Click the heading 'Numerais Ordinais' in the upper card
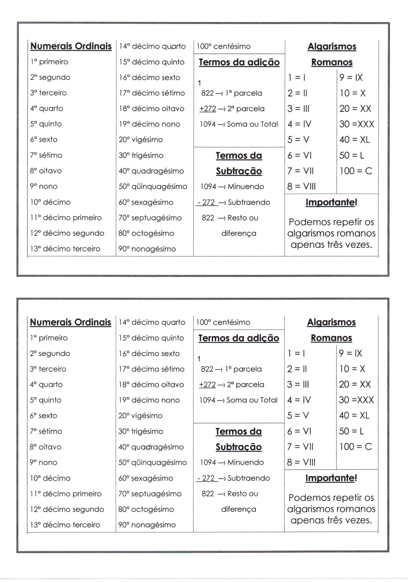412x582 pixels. point(71,46)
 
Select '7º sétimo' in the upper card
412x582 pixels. point(46,155)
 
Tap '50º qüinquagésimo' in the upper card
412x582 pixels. point(153,187)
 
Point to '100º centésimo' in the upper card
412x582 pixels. point(224,46)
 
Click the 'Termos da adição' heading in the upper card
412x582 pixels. point(239,62)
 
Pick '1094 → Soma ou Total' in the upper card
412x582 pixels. point(239,124)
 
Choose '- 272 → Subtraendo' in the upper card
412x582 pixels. point(233,202)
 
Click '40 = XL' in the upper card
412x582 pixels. point(354,140)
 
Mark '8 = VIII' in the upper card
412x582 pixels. point(301,187)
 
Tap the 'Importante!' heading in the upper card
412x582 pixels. point(331,202)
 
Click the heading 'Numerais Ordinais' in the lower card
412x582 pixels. point(70,322)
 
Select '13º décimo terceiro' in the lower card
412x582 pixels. point(65,525)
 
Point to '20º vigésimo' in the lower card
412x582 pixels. point(140,416)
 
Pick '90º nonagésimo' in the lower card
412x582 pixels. point(147,525)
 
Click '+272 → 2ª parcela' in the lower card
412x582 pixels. point(231,385)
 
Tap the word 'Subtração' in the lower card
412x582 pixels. point(239,447)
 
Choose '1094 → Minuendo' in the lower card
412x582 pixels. point(232,463)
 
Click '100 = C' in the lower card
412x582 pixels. point(356,447)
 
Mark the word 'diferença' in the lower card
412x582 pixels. point(239,509)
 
